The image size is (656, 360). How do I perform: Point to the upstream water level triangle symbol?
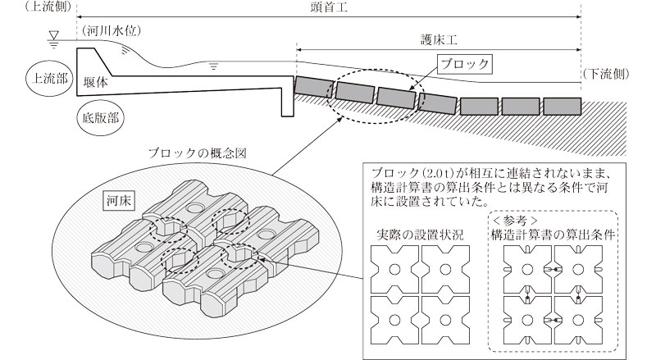click(x=53, y=35)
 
